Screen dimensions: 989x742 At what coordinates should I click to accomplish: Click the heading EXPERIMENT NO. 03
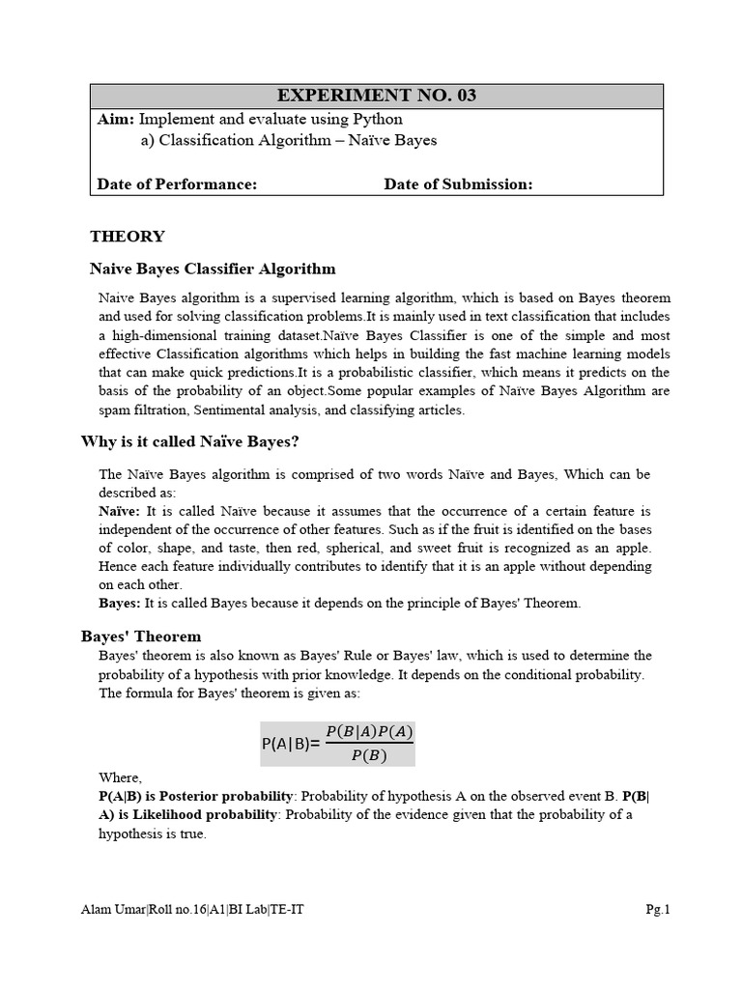(x=377, y=96)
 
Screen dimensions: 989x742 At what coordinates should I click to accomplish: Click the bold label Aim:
(x=117, y=120)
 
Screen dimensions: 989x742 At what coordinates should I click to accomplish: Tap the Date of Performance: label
(x=178, y=184)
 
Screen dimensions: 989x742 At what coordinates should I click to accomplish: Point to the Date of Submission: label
(x=458, y=184)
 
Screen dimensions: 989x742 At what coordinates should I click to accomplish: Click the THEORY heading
(x=128, y=236)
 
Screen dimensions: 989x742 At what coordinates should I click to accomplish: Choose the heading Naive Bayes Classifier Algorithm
(x=213, y=268)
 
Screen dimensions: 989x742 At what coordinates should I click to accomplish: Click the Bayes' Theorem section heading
(x=141, y=636)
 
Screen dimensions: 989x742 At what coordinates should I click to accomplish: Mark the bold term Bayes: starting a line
(x=120, y=603)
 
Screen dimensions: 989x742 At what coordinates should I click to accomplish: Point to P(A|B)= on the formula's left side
(x=291, y=745)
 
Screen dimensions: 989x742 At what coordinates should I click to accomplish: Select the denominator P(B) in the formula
(x=369, y=756)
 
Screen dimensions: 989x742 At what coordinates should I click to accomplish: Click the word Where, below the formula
(x=120, y=777)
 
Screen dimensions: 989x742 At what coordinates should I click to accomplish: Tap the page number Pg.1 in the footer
(x=658, y=909)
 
